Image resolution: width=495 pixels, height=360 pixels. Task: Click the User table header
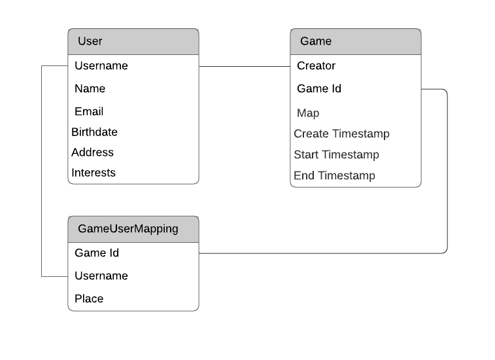(x=133, y=41)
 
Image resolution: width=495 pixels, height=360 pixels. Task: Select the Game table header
(x=355, y=41)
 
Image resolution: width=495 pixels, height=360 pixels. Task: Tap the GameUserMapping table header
(x=133, y=229)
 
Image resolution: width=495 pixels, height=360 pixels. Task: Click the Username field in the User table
(x=101, y=66)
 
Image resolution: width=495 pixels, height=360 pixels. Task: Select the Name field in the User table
(x=90, y=89)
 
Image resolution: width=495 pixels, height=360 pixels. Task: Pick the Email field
(x=89, y=112)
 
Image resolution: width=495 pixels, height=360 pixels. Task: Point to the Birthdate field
(x=95, y=132)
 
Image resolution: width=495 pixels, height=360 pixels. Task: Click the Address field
(x=93, y=153)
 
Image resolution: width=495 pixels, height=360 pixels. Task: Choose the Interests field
(x=94, y=173)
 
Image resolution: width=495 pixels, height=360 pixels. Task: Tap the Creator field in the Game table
(x=316, y=66)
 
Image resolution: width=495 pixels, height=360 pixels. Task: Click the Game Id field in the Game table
(x=319, y=89)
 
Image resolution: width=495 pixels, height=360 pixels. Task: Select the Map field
(x=308, y=113)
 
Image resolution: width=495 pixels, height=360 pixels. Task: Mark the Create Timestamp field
(x=341, y=134)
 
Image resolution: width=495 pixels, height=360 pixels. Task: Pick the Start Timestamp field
(x=336, y=155)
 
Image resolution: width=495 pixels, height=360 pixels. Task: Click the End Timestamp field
(x=334, y=175)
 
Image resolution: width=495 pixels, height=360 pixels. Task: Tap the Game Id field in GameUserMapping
(x=97, y=253)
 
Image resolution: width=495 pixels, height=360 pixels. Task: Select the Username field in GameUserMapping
(x=101, y=276)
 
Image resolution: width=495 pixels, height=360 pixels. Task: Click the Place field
(x=89, y=299)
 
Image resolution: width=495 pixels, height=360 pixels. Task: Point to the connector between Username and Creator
(x=245, y=66)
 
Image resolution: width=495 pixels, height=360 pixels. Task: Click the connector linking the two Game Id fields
(x=447, y=170)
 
